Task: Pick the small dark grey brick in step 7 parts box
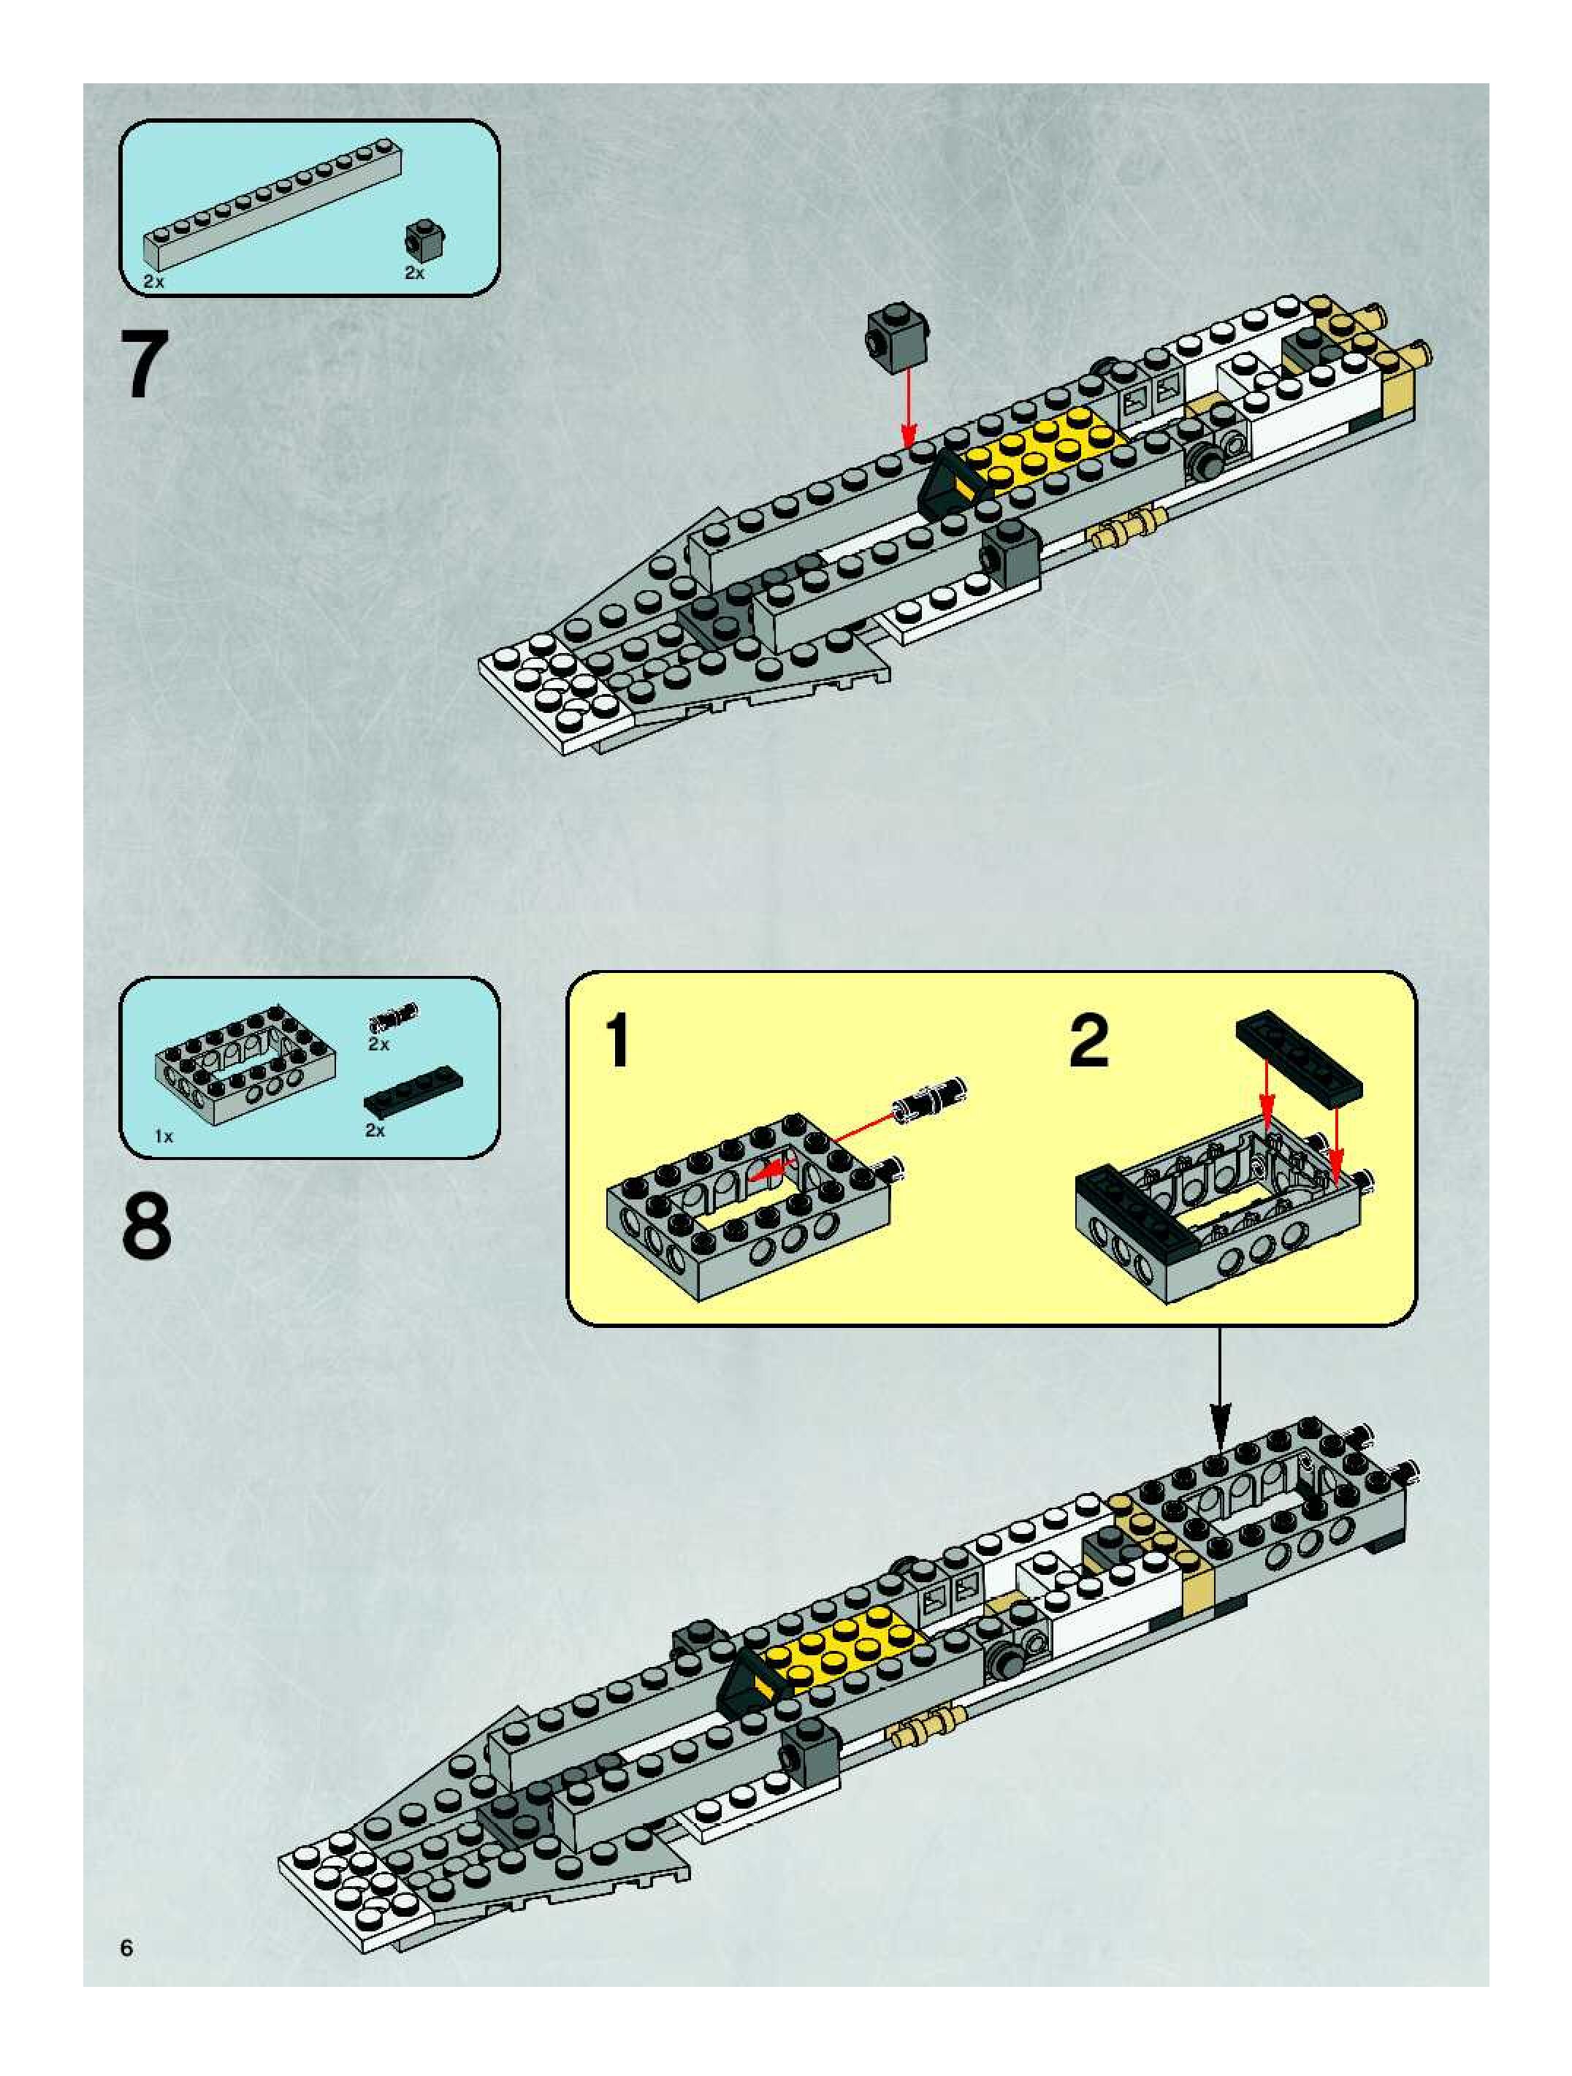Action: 425,240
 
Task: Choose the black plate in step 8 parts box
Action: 413,1088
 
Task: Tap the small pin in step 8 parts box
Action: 395,1015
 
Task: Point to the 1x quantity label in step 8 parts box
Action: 164,1137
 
